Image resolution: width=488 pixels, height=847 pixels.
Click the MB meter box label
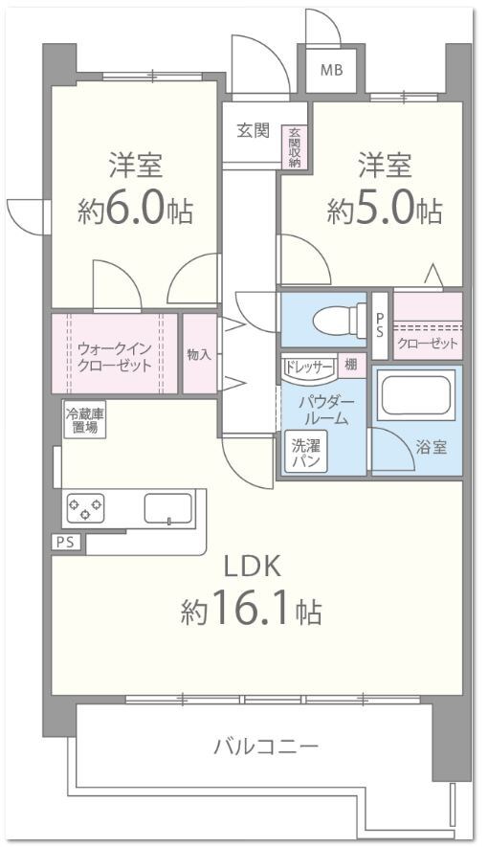click(x=332, y=69)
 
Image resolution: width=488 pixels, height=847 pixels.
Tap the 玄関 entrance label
click(x=253, y=131)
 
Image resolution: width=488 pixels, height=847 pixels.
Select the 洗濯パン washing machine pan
click(x=305, y=452)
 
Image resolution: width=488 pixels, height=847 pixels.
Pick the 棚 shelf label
click(x=351, y=365)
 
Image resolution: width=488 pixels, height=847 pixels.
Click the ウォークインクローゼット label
click(x=115, y=356)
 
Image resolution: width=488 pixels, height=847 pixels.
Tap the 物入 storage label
click(x=199, y=354)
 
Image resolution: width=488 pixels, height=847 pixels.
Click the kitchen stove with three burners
click(x=85, y=507)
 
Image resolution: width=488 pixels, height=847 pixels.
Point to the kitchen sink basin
click(x=168, y=507)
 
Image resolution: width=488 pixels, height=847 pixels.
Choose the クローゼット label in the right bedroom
click(x=427, y=343)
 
